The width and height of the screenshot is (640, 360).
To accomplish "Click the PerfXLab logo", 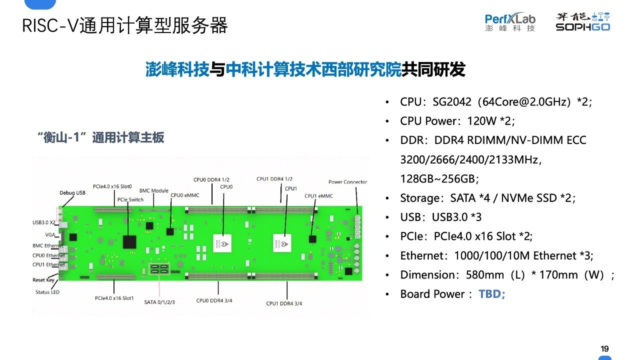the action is [510, 21].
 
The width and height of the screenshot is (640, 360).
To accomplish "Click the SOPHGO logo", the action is [583, 21].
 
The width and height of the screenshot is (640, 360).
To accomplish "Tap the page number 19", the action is [604, 348].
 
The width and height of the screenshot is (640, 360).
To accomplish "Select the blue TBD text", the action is [491, 293].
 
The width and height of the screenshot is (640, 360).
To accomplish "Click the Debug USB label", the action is [72, 192].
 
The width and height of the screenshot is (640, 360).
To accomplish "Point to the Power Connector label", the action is [347, 181].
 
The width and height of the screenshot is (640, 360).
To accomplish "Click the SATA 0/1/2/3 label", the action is [159, 302].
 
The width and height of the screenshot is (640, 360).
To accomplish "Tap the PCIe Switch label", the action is [130, 199].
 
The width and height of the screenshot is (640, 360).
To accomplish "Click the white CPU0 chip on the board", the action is [222, 243].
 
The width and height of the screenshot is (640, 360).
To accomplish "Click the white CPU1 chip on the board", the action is [282, 243].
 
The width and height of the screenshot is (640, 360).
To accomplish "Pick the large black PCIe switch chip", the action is [129, 242].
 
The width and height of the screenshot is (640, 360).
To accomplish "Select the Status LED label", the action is [47, 292].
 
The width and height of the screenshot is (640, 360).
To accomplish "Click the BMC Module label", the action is [153, 190].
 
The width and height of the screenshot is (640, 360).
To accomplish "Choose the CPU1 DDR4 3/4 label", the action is [284, 303].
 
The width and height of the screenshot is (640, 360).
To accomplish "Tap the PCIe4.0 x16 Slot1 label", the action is [114, 298].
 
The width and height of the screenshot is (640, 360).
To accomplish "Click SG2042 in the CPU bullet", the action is [451, 101].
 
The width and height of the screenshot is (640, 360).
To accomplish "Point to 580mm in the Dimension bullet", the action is [485, 275].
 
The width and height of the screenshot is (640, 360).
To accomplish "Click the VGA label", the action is [50, 234].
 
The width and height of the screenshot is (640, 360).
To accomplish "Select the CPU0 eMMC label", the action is [185, 195].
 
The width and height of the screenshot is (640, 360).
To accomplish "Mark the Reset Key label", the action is [43, 279].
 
